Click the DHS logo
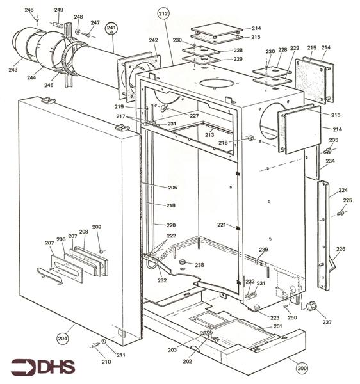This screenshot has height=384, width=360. (x=42, y=367)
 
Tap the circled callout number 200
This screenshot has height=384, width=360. (x=302, y=369)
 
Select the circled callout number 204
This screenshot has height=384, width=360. (x=62, y=339)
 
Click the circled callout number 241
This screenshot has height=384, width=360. (x=111, y=29)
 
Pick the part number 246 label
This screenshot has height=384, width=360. (x=29, y=11)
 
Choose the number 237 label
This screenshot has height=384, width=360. (x=328, y=322)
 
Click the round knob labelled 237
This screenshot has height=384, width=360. (x=313, y=305)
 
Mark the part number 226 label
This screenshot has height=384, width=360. (x=341, y=249)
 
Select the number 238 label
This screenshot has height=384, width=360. (x=199, y=264)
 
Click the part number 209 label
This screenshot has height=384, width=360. (x=97, y=227)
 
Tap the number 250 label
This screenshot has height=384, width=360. (x=292, y=317)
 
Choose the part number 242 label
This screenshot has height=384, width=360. (x=153, y=40)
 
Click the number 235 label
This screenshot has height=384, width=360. (x=333, y=140)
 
